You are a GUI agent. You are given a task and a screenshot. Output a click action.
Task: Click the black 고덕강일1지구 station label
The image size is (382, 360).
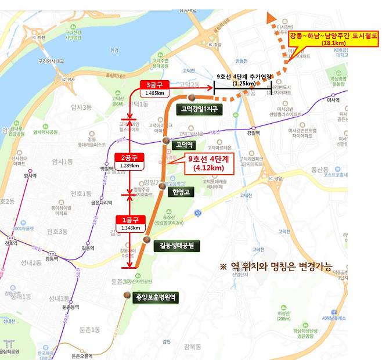point(201,109)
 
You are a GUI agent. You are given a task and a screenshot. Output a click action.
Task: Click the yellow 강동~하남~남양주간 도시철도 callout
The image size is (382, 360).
point(332,39)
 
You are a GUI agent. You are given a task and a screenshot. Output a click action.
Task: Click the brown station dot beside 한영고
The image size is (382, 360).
point(162,187)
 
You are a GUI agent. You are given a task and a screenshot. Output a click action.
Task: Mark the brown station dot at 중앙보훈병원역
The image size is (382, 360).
point(127,295)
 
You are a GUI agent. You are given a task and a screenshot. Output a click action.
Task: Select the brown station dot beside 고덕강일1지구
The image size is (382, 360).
point(190,97)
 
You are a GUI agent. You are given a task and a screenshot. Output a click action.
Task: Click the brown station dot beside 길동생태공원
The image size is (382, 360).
point(147,240)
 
